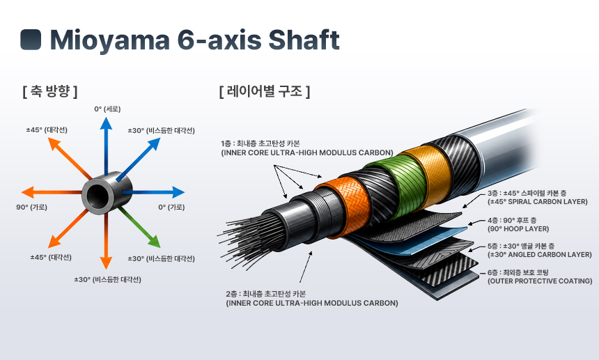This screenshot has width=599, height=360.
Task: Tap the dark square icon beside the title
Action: point(31,40)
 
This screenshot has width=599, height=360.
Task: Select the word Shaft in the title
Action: point(304,39)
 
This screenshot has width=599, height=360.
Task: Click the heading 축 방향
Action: point(49,91)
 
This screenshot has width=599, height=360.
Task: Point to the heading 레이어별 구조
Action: point(265,91)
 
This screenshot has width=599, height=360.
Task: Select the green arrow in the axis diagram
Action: point(139,228)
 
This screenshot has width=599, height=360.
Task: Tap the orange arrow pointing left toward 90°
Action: point(52,192)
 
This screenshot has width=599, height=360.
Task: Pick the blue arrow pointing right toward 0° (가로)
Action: point(153,192)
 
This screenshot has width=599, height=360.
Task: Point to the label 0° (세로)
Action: point(107,109)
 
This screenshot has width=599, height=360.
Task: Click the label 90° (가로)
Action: point(32,208)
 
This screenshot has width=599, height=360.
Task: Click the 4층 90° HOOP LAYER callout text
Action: point(518,224)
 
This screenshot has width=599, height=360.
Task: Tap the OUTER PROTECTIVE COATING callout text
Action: point(540,276)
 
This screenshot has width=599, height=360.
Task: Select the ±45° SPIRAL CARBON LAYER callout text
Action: point(538,197)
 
